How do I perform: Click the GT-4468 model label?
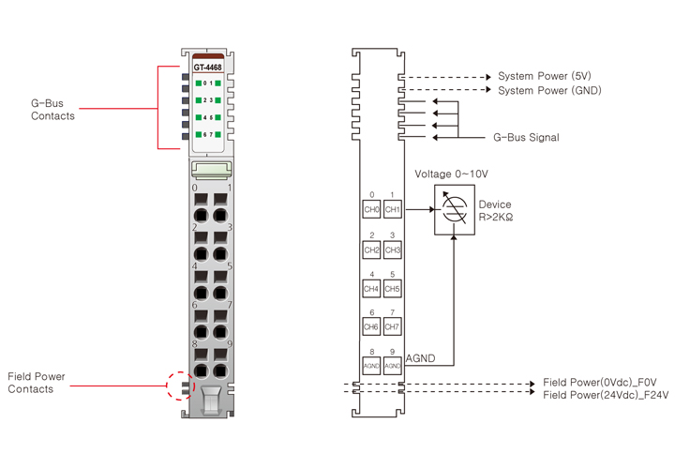[x=207, y=68]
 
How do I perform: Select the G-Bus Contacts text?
[x=52, y=109]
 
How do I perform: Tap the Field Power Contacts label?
[x=37, y=383]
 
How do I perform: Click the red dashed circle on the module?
[x=179, y=384]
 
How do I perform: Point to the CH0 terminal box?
[x=371, y=209]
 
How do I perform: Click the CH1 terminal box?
[x=392, y=209]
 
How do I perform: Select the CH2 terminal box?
[x=371, y=250]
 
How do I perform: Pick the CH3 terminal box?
[x=392, y=250]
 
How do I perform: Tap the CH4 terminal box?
[x=371, y=289]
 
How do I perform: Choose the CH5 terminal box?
[x=392, y=289]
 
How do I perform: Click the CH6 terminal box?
[x=371, y=326]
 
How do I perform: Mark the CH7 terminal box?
[x=392, y=326]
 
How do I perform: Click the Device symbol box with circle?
[x=452, y=209]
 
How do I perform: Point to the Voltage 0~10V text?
[x=451, y=174]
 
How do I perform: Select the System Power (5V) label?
[x=544, y=76]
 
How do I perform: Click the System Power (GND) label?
[x=549, y=91]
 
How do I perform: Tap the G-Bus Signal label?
[x=526, y=138]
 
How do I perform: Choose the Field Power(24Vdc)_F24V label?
[x=606, y=396]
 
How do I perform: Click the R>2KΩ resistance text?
[x=496, y=218]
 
